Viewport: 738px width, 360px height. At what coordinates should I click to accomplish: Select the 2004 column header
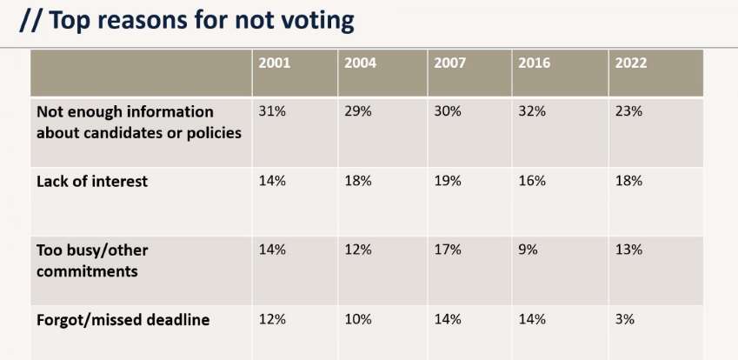[360, 63]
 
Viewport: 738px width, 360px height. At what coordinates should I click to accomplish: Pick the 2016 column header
[534, 63]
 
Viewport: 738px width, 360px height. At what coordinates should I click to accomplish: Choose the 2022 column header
[630, 63]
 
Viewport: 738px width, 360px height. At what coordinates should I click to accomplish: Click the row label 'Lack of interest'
[92, 182]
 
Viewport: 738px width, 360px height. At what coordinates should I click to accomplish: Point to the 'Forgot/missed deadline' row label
[123, 320]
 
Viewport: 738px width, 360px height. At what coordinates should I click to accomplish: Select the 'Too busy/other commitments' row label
[92, 259]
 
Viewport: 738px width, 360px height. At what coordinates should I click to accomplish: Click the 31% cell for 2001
[272, 112]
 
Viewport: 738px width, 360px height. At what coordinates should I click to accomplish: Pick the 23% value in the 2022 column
[628, 112]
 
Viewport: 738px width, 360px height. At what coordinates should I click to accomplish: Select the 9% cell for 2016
[529, 250]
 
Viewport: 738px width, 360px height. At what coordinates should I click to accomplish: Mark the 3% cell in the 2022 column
[625, 319]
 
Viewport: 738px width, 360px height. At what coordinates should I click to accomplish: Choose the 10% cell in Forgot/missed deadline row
[358, 319]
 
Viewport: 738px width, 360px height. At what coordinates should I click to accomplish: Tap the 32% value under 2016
[532, 112]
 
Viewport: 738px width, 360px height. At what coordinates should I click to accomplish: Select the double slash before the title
[30, 20]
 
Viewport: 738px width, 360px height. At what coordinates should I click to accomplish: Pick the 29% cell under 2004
[358, 112]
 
